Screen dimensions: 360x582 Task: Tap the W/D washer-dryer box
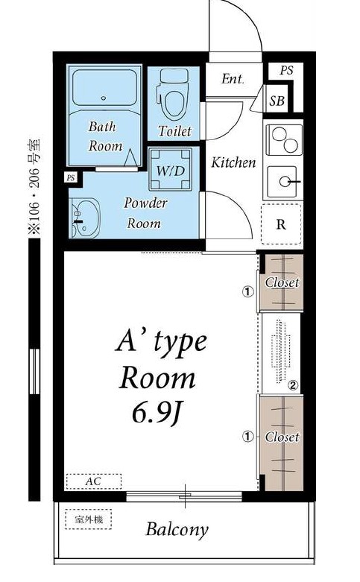click(x=171, y=169)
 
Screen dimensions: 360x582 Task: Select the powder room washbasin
click(x=85, y=218)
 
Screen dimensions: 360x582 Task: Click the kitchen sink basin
click(x=283, y=182)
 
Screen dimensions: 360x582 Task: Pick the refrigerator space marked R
click(x=281, y=224)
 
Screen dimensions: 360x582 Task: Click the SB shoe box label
click(x=277, y=100)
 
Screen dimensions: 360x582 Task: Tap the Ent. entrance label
click(x=233, y=79)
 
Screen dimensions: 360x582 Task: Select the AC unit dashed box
click(x=94, y=482)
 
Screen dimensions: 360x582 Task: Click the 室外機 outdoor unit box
click(x=89, y=519)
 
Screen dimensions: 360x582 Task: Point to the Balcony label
click(x=177, y=530)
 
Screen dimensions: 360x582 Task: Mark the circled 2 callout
click(x=293, y=386)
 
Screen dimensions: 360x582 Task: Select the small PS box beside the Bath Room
click(x=71, y=178)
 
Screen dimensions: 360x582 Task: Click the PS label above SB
click(x=286, y=70)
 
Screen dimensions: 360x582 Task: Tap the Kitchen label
click(x=234, y=162)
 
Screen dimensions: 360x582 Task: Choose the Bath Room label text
click(x=104, y=136)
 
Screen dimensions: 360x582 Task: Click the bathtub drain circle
click(x=104, y=98)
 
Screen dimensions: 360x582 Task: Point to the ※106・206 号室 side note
click(x=35, y=187)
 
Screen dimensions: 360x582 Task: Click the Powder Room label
click(x=145, y=213)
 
